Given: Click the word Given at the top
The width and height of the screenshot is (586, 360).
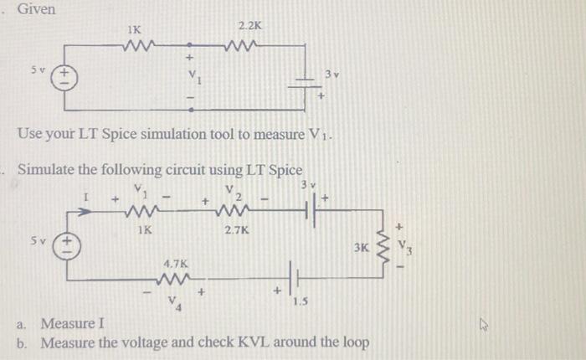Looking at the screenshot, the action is pyautogui.click(x=36, y=9).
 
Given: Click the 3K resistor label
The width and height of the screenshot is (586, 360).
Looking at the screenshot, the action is pyautogui.click(x=361, y=249).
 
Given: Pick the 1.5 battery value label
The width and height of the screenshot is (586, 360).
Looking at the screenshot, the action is pyautogui.click(x=299, y=302).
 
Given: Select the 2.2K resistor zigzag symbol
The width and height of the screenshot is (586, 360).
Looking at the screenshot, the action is pyautogui.click(x=249, y=44).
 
